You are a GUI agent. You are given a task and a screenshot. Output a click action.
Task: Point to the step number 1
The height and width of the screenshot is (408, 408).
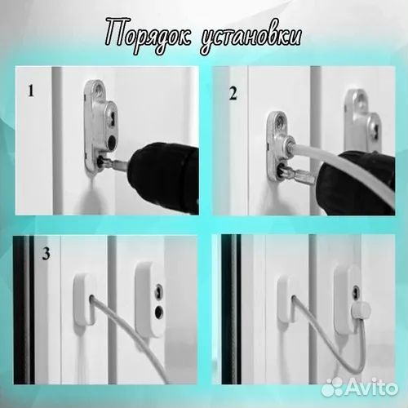pyautogui.click(x=31, y=91)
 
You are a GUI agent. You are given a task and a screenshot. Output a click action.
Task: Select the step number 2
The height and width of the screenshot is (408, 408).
pyautogui.click(x=233, y=92)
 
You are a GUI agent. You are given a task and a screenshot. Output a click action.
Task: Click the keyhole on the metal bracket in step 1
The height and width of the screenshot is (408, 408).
pyautogui.click(x=109, y=120)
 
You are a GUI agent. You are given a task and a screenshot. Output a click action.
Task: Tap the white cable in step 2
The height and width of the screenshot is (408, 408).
pyautogui.click(x=335, y=163)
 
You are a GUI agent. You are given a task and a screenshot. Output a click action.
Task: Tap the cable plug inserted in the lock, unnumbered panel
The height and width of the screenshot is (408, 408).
pyautogui.click(x=361, y=308)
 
